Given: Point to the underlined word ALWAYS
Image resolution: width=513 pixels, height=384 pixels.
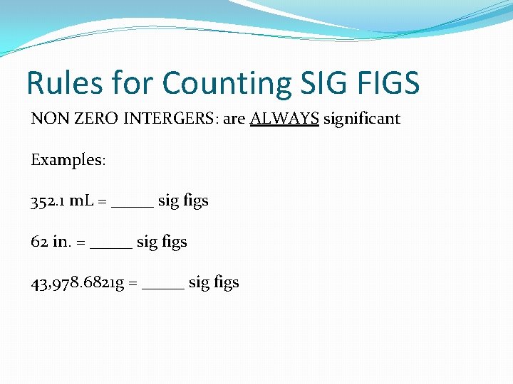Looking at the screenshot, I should coord(284,119).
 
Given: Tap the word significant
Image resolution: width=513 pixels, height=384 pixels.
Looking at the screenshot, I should coord(362,119).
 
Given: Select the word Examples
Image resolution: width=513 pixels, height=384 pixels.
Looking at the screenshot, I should coord(68,160).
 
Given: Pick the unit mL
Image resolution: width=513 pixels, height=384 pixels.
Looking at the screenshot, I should coord(83,201).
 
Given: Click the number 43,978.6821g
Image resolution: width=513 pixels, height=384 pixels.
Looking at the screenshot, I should coord(78,283).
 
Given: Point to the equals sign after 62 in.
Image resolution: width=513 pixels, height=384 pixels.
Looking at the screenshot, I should coord(81,243).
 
